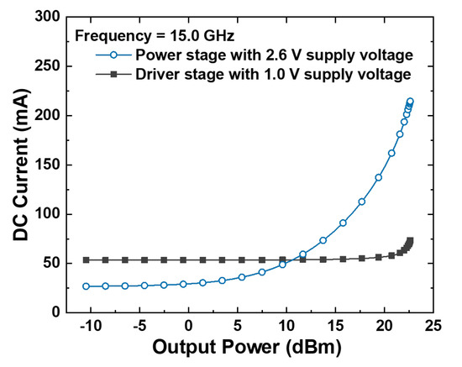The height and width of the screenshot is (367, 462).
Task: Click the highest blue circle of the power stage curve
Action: click(411, 102)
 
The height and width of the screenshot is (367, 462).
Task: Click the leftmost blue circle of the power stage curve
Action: click(86, 286)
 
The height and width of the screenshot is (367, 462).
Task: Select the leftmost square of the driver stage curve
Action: click(86, 260)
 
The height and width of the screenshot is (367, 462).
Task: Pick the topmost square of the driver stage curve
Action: click(411, 241)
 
